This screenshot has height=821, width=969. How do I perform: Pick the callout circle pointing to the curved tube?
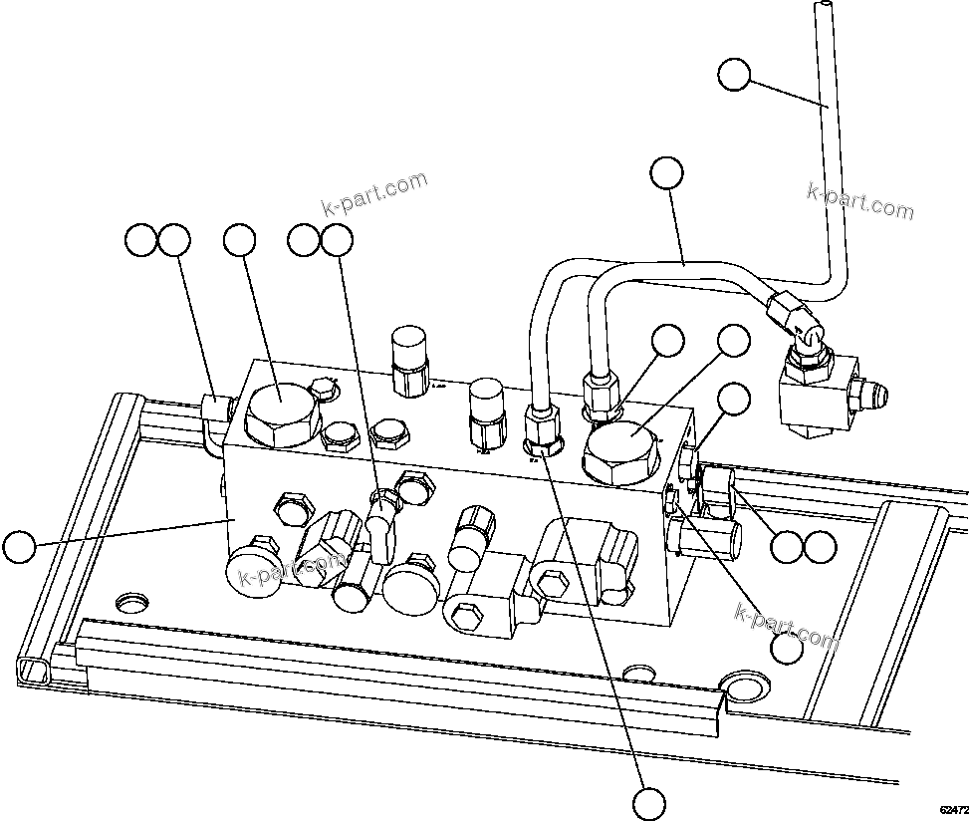[666, 173]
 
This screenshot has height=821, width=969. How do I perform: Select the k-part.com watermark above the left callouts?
[374, 194]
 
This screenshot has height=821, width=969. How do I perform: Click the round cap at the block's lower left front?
[256, 573]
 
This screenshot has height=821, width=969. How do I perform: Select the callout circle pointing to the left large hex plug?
[239, 240]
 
